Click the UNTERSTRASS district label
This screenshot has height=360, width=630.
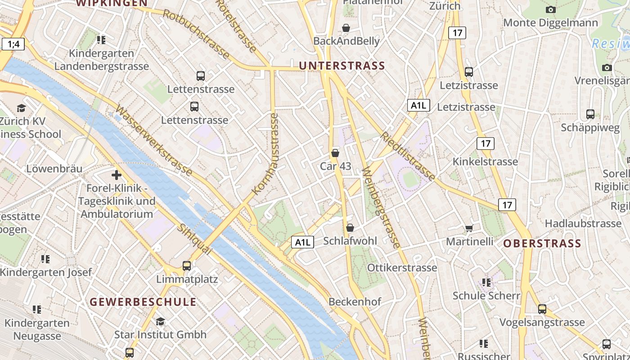click(x=342, y=66)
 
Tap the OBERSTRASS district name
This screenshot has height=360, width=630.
click(x=542, y=244)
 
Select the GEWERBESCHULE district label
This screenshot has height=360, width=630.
click(x=143, y=302)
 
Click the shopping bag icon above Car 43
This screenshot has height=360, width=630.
click(x=335, y=153)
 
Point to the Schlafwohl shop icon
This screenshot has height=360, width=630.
click(x=350, y=228)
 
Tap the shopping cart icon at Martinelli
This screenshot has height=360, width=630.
click(x=469, y=229)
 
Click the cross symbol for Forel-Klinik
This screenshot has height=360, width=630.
click(x=117, y=175)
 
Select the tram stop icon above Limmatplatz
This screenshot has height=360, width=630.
click(x=187, y=266)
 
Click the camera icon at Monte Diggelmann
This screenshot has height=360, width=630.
click(x=550, y=9)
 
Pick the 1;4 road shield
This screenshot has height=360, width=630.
click(x=13, y=44)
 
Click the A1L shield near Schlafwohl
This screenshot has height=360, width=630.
click(x=302, y=242)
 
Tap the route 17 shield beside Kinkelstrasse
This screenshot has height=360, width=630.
click(x=485, y=144)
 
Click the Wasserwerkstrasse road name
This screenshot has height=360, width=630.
click(x=154, y=140)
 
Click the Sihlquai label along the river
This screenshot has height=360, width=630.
click(x=194, y=239)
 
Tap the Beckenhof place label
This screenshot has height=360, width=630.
click(x=355, y=302)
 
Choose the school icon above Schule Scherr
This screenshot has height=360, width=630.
click(x=486, y=283)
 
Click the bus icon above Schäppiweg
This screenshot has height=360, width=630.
click(x=590, y=114)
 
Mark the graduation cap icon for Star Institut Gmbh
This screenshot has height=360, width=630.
click(x=160, y=321)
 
